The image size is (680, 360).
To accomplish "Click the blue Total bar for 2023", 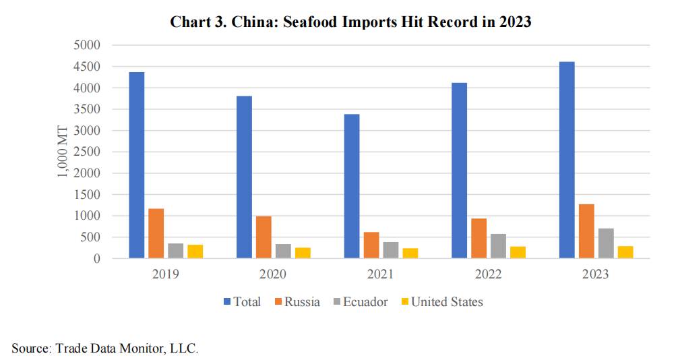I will click(x=567, y=160).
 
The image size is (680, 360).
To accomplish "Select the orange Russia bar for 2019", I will click(x=156, y=233).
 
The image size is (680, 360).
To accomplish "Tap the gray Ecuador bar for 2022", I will click(x=498, y=246).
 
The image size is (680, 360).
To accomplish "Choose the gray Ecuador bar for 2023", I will click(x=606, y=243).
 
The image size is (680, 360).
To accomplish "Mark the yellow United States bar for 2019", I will click(x=195, y=251).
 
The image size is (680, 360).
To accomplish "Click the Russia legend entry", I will click(x=296, y=302).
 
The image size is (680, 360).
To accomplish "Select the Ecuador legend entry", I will click(x=361, y=302).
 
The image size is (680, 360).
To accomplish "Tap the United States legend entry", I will click(x=441, y=302).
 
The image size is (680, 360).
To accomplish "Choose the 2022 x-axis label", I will click(x=488, y=274).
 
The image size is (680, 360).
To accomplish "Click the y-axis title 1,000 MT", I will click(x=63, y=151).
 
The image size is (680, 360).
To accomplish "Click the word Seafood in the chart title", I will click(x=313, y=22).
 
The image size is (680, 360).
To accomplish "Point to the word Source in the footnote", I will click(x=30, y=348).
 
